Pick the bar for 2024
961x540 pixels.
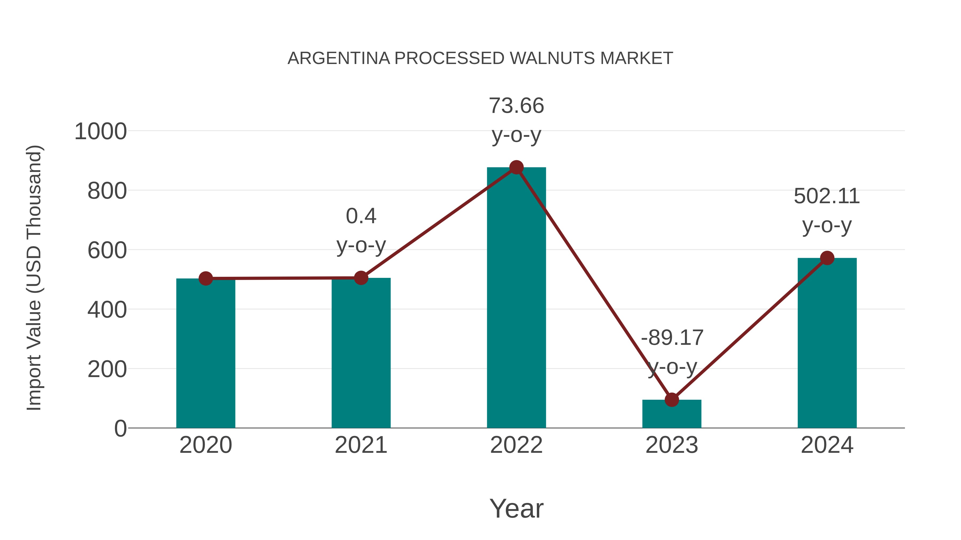click(x=827, y=343)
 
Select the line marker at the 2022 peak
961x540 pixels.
click(x=516, y=167)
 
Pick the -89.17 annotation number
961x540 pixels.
click(x=672, y=338)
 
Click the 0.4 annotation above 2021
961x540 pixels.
click(x=361, y=216)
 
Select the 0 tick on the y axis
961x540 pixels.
click(x=120, y=429)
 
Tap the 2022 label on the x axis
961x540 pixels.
click(x=516, y=445)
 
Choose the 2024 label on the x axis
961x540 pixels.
click(x=827, y=445)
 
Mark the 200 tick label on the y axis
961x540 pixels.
click(x=107, y=369)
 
